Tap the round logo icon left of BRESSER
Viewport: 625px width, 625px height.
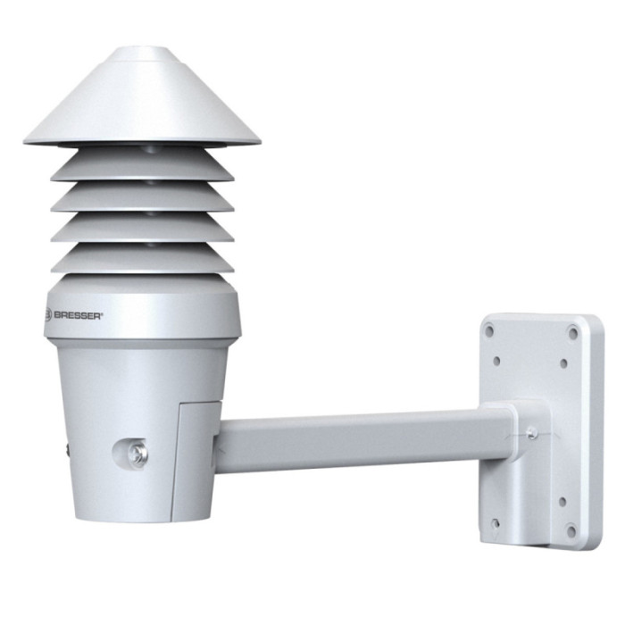click(x=50, y=313)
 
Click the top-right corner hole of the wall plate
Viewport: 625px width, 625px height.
click(x=572, y=334)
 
